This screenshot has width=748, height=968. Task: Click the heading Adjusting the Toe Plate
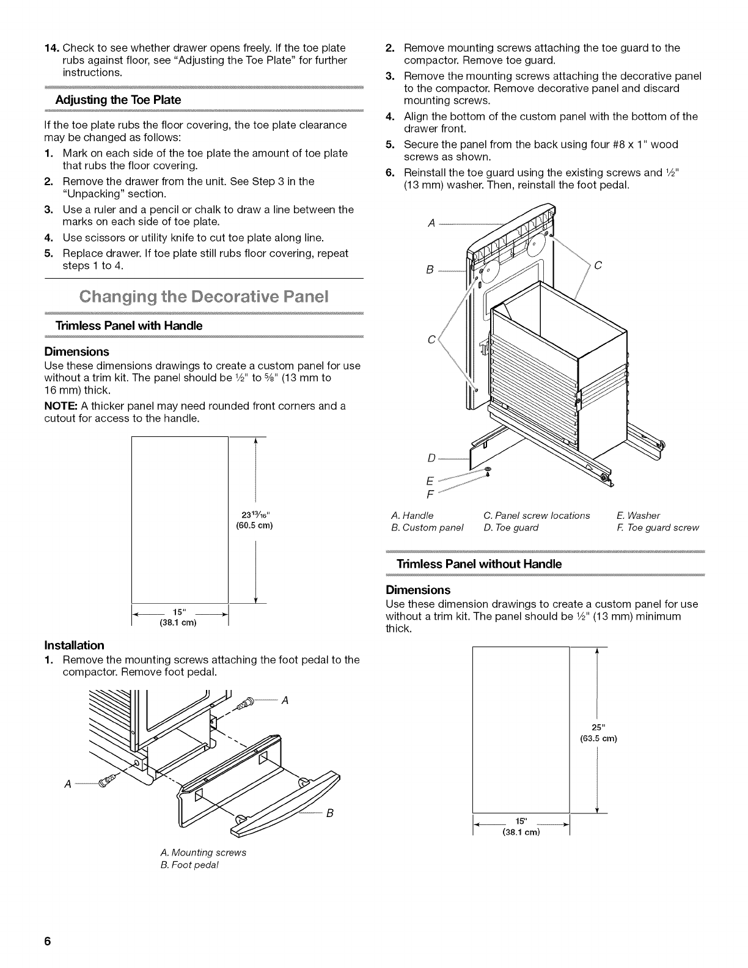tap(118, 100)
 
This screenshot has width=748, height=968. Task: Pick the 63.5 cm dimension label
tap(598, 739)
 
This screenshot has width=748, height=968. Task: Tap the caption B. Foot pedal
tap(189, 865)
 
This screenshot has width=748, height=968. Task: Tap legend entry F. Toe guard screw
tap(662, 527)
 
